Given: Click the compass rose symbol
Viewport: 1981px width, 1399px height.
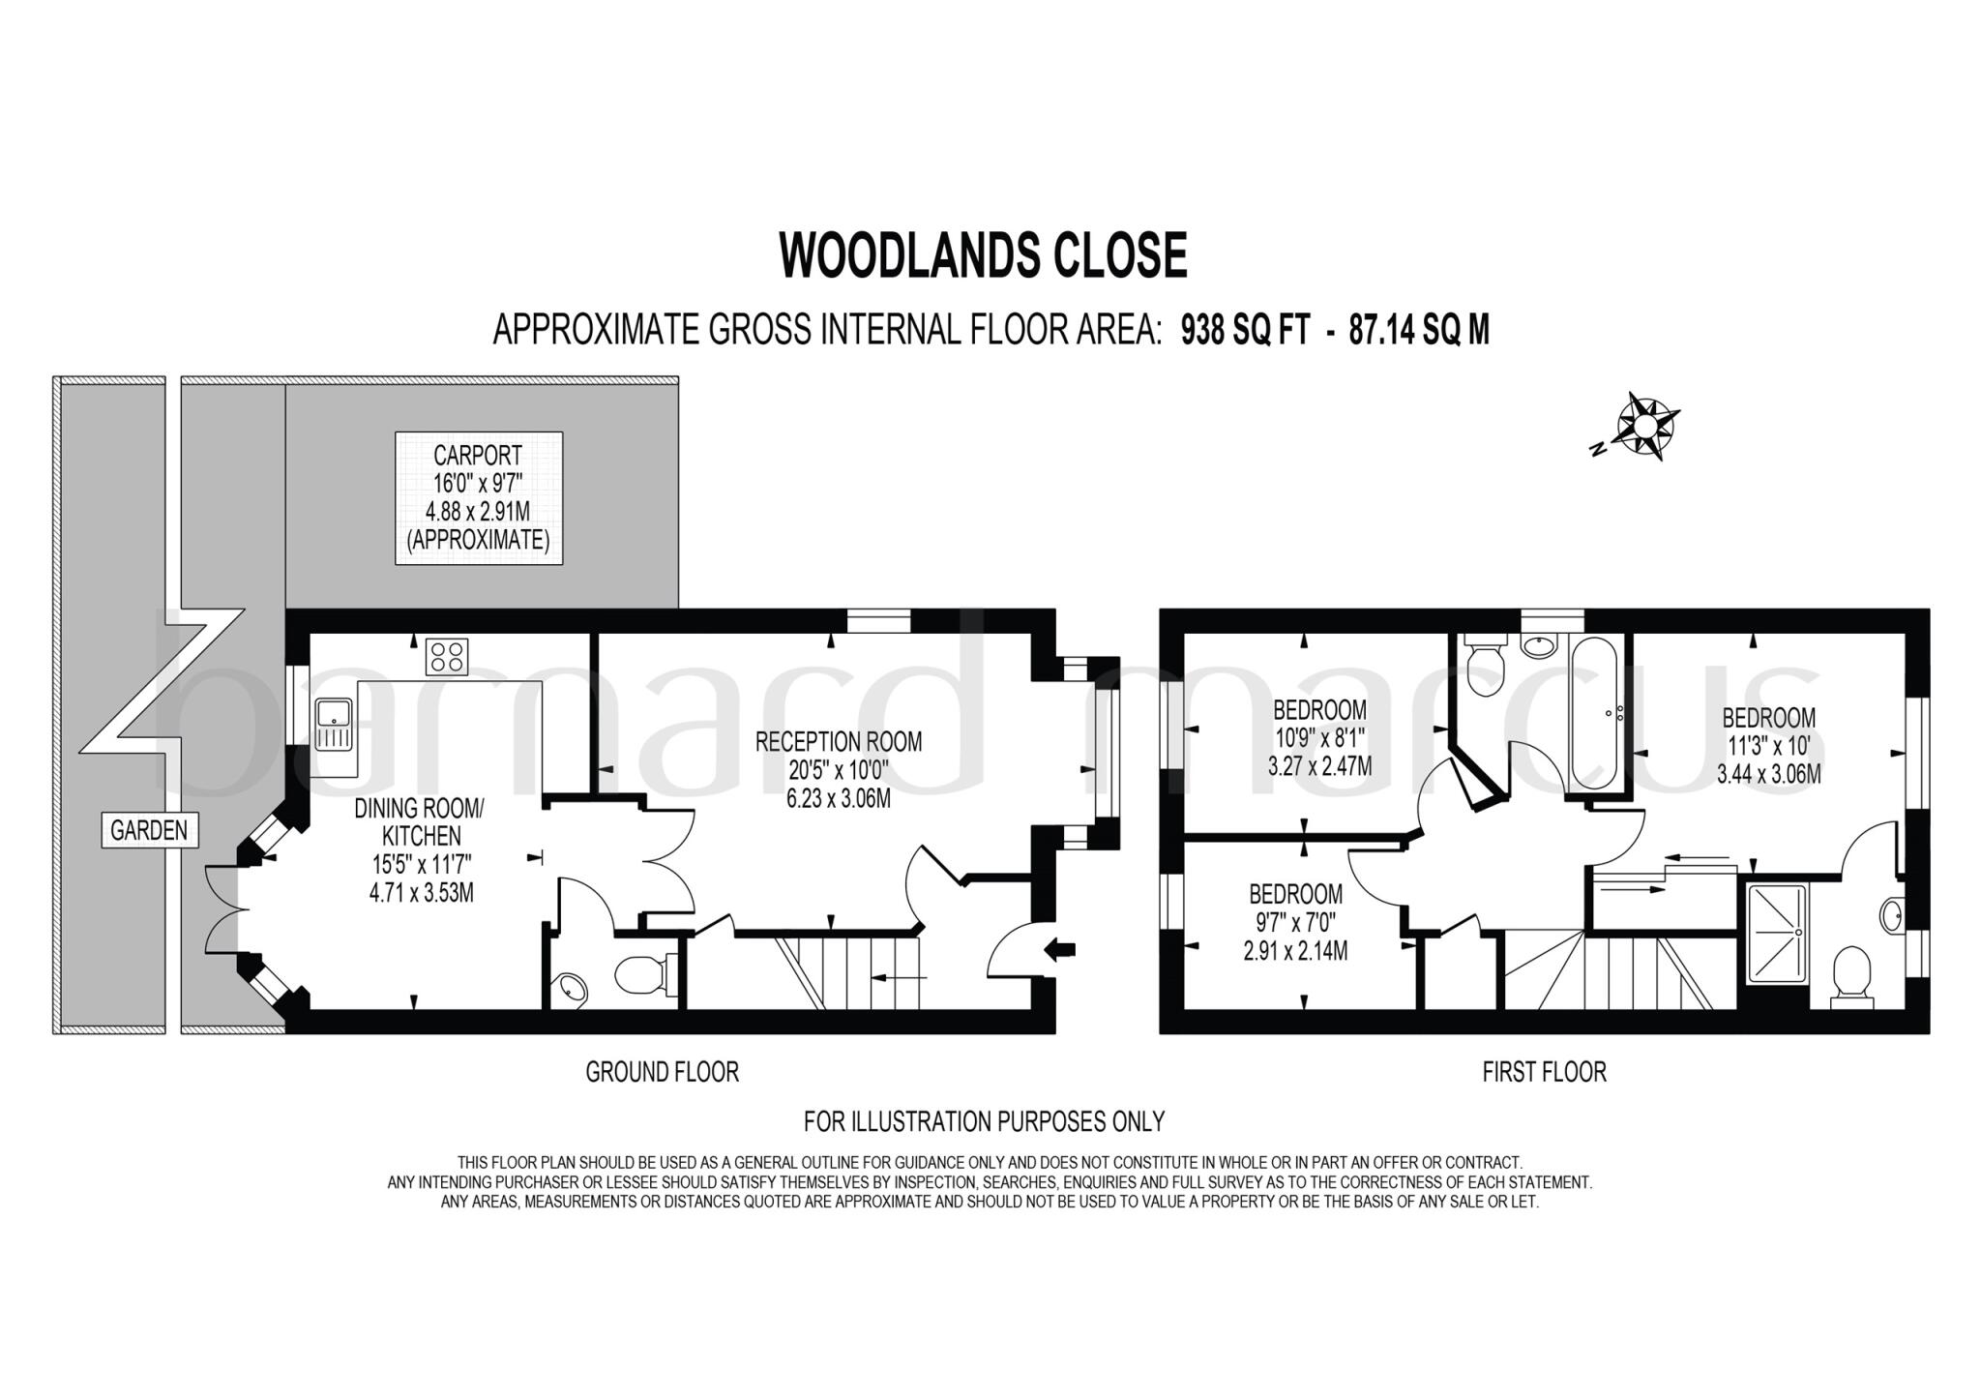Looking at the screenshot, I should point(1648,426).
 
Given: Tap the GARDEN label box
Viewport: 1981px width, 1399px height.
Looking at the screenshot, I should point(149,830).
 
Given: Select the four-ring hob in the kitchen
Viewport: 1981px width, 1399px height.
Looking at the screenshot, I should point(446,657).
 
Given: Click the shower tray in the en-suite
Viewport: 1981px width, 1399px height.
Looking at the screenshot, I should point(1778,933).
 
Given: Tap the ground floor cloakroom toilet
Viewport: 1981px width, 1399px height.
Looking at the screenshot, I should point(640,975).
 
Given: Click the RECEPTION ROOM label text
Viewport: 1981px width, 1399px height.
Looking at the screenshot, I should point(838,742).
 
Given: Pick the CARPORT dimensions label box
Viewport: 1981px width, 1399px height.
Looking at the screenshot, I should point(479,497).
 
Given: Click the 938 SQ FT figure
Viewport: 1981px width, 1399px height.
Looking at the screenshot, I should point(1246,331).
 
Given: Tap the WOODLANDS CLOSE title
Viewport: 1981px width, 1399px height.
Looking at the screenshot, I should point(983,255).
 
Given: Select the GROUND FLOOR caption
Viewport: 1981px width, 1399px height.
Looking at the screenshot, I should point(662,1072).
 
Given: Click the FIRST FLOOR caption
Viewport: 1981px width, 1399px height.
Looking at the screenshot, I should point(1544,1072).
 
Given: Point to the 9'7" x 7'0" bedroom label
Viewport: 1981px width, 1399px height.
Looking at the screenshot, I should point(1295,922).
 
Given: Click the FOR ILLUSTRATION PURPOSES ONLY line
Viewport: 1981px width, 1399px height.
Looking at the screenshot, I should point(984,1121).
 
